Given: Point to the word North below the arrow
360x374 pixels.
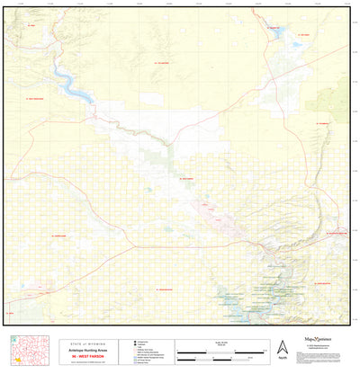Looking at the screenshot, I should [282, 361].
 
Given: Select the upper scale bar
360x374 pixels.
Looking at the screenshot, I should [214, 348].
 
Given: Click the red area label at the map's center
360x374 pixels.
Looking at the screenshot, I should [187, 179].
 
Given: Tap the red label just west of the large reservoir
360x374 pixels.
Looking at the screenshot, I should [34, 98].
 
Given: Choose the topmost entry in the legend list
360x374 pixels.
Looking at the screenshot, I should [135, 343].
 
